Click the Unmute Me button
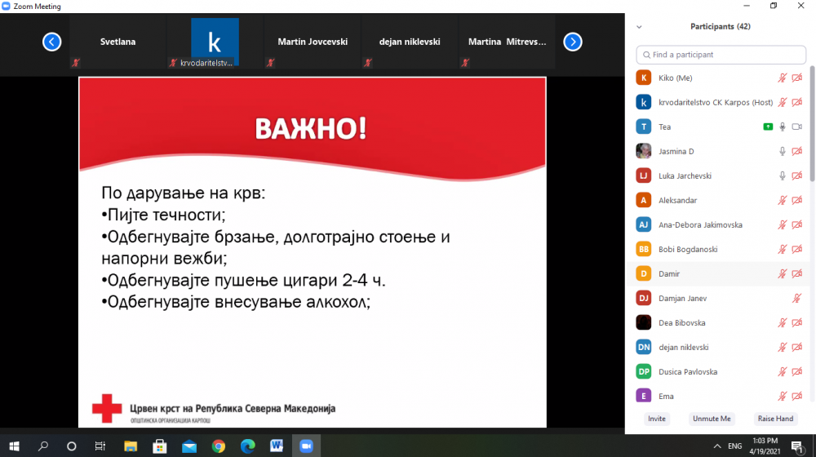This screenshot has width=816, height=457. [712, 419]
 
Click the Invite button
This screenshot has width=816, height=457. [657, 419]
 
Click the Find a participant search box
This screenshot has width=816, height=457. [721, 55]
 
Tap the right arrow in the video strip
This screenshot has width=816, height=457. [573, 42]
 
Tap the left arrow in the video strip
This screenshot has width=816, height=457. [51, 42]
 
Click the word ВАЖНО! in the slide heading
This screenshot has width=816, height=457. [311, 128]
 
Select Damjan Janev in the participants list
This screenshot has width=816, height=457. [682, 298]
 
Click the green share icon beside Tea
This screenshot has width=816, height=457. [768, 126]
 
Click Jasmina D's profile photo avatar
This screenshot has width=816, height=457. [643, 151]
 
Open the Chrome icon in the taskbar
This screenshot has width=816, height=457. [219, 446]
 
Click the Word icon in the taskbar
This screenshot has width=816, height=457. [277, 446]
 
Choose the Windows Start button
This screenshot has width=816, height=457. [14, 446]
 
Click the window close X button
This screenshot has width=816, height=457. [801, 6]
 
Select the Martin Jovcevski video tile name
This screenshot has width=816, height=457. [313, 42]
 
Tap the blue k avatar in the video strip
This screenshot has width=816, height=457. [215, 41]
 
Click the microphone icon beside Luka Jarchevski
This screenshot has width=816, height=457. [783, 176]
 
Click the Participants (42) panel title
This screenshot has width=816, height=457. [721, 27]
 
